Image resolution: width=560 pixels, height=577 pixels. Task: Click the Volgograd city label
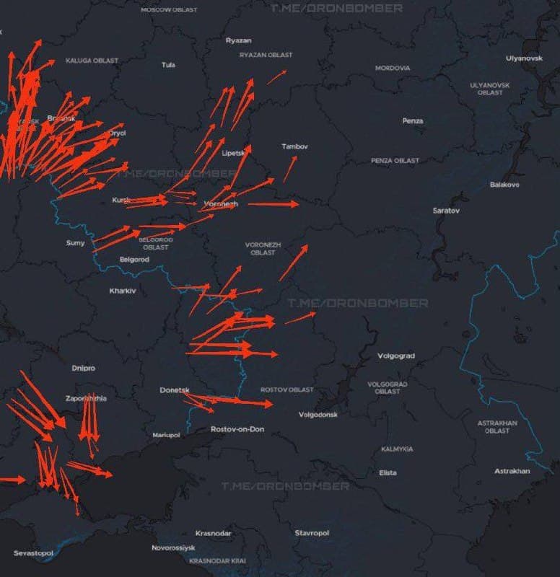tap(396, 356)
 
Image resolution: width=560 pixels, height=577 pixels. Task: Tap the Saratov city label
tap(446, 211)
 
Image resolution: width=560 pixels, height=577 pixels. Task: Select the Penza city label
tap(413, 120)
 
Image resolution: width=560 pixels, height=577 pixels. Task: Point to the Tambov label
tap(294, 146)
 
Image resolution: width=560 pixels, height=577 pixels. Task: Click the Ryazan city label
tap(239, 40)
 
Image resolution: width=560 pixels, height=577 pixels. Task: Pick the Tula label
tap(168, 65)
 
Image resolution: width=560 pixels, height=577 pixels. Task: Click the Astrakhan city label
tap(512, 471)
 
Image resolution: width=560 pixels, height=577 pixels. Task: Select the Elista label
tap(388, 472)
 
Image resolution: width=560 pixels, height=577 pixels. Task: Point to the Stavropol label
tap(312, 533)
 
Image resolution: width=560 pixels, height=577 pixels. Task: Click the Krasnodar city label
tap(214, 533)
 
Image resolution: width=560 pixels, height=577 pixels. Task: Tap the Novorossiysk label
tap(173, 548)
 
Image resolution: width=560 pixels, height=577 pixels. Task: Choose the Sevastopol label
tap(33, 553)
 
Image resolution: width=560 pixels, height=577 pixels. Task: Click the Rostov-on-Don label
tap(237, 429)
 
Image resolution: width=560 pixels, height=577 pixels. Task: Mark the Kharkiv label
tap(123, 291)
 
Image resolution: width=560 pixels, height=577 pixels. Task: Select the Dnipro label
tap(83, 368)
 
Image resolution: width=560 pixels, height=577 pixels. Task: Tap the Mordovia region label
tap(393, 68)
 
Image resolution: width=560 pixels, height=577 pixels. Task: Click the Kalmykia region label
tap(397, 449)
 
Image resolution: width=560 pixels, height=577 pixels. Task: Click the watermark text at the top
tap(336, 8)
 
